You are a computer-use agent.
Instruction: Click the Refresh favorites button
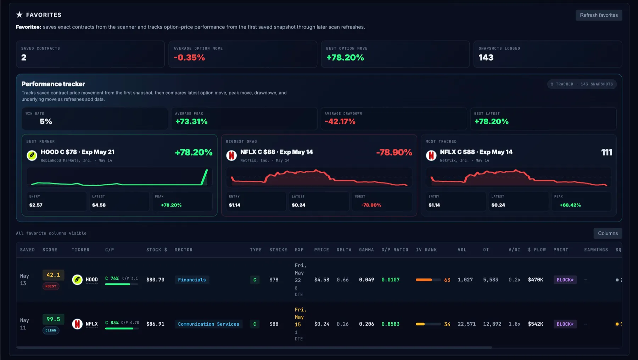click(x=599, y=15)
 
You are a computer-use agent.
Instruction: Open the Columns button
click(x=608, y=233)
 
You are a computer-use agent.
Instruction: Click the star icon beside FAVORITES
click(x=19, y=15)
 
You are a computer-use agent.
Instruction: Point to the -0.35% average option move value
click(x=189, y=57)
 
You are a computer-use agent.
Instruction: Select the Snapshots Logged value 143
click(x=486, y=57)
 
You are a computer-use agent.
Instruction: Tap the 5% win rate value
click(x=46, y=122)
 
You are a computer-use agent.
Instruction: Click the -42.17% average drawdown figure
click(x=340, y=122)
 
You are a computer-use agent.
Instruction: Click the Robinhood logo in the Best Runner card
click(x=32, y=155)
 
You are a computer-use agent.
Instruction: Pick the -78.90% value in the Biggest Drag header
click(x=394, y=152)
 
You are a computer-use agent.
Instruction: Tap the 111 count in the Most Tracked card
click(x=606, y=152)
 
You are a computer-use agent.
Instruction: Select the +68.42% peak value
click(x=570, y=205)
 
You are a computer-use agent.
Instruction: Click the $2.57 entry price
click(x=36, y=205)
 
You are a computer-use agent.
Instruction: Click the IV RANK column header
click(x=426, y=250)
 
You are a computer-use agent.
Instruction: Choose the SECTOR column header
click(x=184, y=250)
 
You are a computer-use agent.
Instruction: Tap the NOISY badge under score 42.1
click(x=51, y=286)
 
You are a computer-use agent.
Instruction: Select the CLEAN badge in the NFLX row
click(x=51, y=330)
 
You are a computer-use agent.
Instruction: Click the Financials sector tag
click(x=192, y=280)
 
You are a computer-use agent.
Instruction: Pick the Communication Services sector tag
click(x=208, y=324)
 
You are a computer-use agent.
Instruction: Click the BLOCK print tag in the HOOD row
click(x=565, y=280)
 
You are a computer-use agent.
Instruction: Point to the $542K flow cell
click(x=536, y=324)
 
